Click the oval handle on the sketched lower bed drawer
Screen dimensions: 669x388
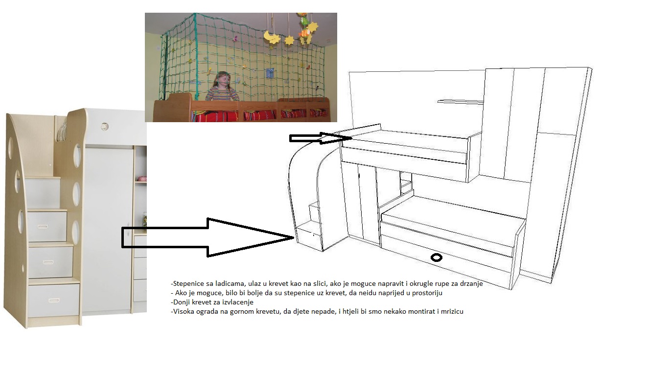tap(437, 258)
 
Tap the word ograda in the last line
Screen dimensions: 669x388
tap(208, 312)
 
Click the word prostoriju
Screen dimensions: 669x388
tap(427, 293)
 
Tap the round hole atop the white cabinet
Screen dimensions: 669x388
tap(105, 127)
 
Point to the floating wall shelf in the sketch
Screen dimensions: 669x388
tap(461, 102)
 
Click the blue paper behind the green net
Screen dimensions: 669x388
tap(269, 73)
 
